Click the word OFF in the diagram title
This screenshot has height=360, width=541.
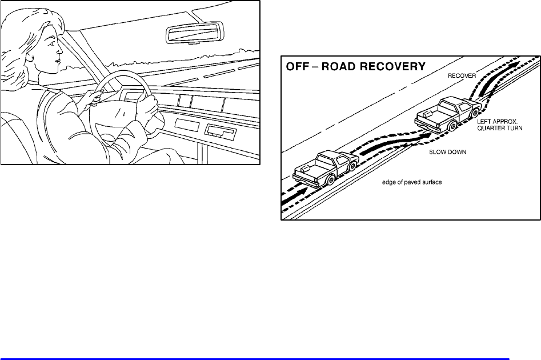coord(297,66)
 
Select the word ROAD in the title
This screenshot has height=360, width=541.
coord(343,66)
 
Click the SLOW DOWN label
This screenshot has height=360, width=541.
coord(446,154)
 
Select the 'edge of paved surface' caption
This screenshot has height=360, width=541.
coord(412,183)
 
